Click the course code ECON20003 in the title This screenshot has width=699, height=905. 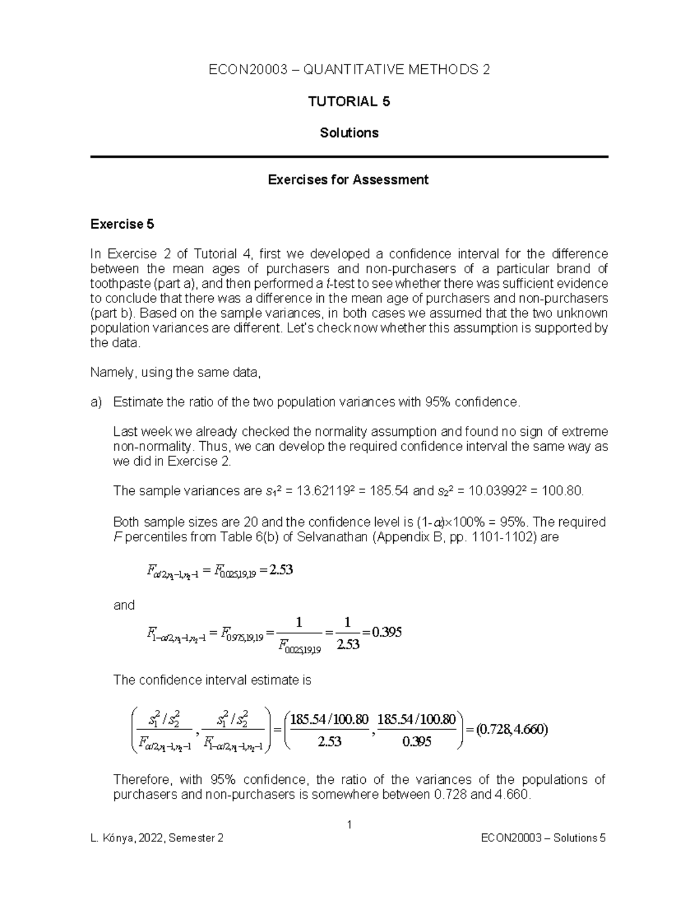tap(248, 70)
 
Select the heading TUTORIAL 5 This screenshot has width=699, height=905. tap(349, 101)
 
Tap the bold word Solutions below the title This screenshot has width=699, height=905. tap(349, 133)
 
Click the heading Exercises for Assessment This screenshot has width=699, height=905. tap(348, 179)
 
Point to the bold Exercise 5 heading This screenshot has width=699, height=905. tap(122, 224)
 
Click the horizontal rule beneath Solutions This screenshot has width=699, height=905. tap(349, 157)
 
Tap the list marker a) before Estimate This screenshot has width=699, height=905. tap(96, 402)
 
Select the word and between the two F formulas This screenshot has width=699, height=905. tap(124, 605)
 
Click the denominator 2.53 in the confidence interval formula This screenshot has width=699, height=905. tap(329, 742)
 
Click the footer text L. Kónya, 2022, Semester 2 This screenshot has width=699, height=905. tap(157, 838)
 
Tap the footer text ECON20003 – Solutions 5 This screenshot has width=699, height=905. tap(543, 838)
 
